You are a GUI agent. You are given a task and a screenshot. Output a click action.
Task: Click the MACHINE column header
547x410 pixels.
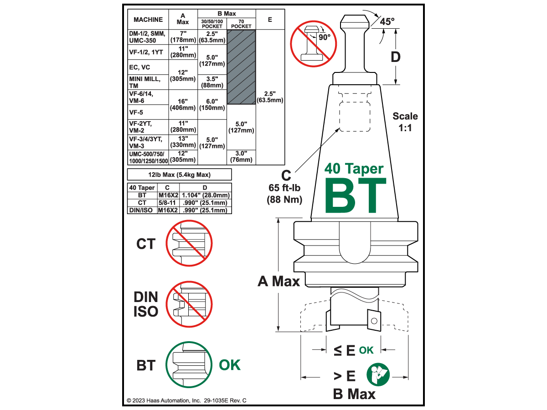(x=148, y=20)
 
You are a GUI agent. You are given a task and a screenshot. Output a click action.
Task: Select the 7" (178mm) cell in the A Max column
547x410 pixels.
(x=183, y=37)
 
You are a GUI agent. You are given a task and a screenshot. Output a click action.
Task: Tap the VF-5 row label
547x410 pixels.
(x=136, y=112)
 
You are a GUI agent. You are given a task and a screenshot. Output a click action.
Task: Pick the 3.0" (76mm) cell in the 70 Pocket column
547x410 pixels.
(x=241, y=157)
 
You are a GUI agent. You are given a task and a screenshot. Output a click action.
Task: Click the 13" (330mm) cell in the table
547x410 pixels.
(x=183, y=142)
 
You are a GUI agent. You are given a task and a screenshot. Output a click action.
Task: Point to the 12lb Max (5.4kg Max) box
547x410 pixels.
(x=180, y=174)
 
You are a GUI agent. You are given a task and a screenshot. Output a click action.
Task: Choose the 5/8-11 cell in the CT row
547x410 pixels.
(x=167, y=203)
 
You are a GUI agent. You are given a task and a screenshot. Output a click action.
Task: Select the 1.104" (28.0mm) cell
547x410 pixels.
(x=206, y=195)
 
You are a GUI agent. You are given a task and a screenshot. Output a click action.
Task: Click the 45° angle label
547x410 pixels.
(x=387, y=22)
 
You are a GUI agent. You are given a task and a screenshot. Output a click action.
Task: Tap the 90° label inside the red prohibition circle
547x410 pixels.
(x=325, y=37)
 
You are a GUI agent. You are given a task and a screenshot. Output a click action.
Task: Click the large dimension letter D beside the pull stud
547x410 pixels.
(x=396, y=57)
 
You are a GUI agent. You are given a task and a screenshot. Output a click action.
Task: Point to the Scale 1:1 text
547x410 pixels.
(x=405, y=122)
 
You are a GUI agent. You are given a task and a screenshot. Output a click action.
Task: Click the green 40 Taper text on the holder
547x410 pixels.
(x=354, y=169)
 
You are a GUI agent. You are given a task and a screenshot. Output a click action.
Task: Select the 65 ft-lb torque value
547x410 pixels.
(x=284, y=188)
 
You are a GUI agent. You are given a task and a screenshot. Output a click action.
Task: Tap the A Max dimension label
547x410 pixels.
(x=279, y=281)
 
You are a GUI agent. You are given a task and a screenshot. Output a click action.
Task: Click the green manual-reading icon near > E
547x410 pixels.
(x=378, y=374)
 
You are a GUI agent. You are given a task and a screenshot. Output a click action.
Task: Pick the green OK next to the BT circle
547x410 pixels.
(x=230, y=365)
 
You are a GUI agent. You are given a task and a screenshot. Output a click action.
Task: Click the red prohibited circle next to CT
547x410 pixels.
(x=189, y=243)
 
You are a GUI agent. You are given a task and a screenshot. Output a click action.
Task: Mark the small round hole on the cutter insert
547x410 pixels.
(x=374, y=321)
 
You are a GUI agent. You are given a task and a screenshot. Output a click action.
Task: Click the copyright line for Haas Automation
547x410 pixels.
(x=186, y=400)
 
